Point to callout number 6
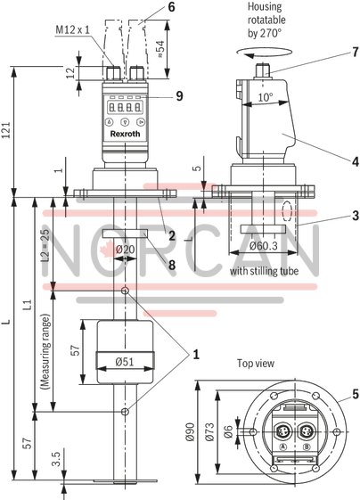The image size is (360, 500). tap(172, 6)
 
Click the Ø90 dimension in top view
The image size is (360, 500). tap(188, 435)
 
